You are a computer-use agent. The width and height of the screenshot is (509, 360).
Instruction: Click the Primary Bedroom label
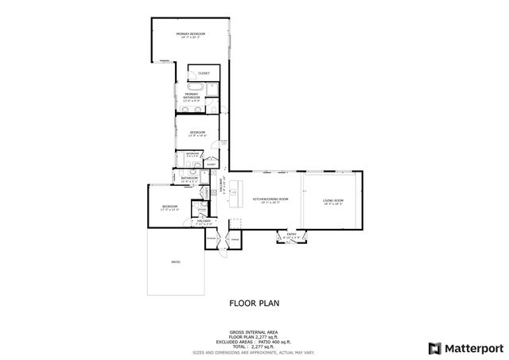tap(191, 34)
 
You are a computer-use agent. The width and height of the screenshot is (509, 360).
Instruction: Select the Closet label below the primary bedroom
tap(204, 73)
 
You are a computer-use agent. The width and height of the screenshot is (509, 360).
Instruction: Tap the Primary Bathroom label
tap(191, 97)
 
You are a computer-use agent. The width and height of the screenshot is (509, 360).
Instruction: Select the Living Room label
tap(333, 200)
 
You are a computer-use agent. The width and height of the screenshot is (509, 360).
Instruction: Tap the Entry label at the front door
tap(291, 234)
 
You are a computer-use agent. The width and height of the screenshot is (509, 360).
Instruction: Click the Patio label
tap(175, 261)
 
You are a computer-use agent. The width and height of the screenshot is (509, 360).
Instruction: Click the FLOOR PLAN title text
tap(254, 303)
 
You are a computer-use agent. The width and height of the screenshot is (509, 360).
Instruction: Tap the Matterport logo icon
tap(433, 348)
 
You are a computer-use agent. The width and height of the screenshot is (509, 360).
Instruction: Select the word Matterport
tap(472, 348)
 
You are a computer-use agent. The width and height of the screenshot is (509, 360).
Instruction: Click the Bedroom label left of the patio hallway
tap(171, 209)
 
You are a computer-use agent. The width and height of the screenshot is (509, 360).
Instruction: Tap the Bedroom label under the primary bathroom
tap(197, 133)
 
